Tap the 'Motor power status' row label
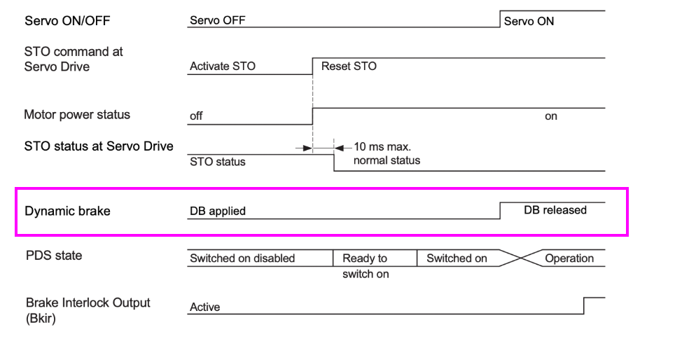77,115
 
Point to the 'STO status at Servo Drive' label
99,146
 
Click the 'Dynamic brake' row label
67,211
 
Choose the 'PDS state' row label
54,256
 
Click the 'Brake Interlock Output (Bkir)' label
88,310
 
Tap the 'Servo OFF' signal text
217,20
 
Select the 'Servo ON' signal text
529,21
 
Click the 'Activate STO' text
223,67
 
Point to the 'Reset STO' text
349,67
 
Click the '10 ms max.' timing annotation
382,147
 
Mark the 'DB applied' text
218,211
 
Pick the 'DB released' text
555,210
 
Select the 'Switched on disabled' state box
242,258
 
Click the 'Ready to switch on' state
365,265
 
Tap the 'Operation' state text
569,258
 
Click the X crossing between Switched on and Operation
518,258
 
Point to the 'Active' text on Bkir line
204,307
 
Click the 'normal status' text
387,160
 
